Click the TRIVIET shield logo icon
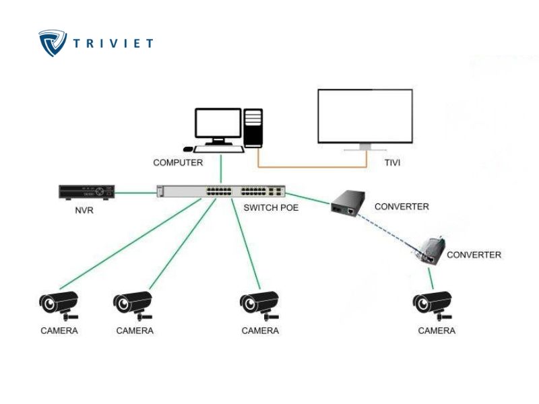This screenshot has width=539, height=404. [52, 42]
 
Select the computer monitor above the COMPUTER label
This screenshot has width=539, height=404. [218, 125]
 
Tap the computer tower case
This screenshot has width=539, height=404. [253, 128]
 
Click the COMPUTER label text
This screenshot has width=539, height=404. [178, 162]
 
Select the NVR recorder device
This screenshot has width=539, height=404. [86, 192]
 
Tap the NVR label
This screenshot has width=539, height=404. [84, 211]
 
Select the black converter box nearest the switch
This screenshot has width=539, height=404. [348, 202]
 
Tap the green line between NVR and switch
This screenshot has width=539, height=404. [135, 193]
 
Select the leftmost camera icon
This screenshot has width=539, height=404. [58, 304]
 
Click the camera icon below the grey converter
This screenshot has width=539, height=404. [432, 304]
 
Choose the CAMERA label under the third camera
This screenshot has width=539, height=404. [260, 331]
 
